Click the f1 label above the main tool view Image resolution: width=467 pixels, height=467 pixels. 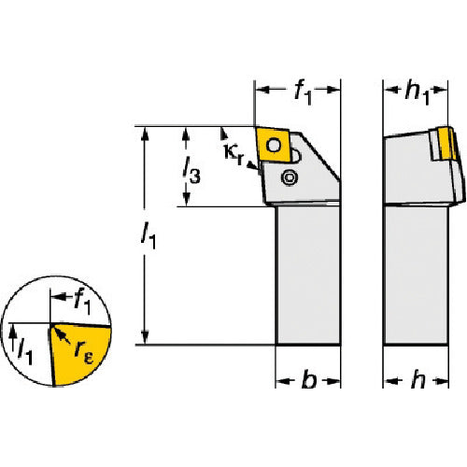click(x=303, y=93)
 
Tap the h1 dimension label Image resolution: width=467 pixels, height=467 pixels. click(x=417, y=93)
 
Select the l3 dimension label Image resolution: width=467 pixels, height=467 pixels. click(x=191, y=170)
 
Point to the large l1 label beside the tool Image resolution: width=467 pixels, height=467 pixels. click(x=149, y=236)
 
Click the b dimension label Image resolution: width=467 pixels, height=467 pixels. click(x=309, y=379)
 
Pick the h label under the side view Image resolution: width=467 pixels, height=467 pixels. click(x=417, y=379)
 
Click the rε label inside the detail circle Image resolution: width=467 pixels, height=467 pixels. click(x=83, y=353)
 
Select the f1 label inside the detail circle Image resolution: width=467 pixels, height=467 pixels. click(x=82, y=302)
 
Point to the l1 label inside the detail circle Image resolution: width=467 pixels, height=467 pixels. click(x=25, y=352)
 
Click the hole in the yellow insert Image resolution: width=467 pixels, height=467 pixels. click(x=274, y=146)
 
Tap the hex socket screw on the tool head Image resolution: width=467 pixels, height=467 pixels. click(x=290, y=177)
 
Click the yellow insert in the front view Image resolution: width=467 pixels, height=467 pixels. click(x=273, y=145)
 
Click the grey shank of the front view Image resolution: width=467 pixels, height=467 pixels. click(x=308, y=276)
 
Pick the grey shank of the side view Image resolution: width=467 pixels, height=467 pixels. click(x=417, y=276)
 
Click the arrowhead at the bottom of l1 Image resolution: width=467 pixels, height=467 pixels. click(x=145, y=337)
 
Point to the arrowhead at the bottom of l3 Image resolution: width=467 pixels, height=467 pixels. click(x=186, y=199)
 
